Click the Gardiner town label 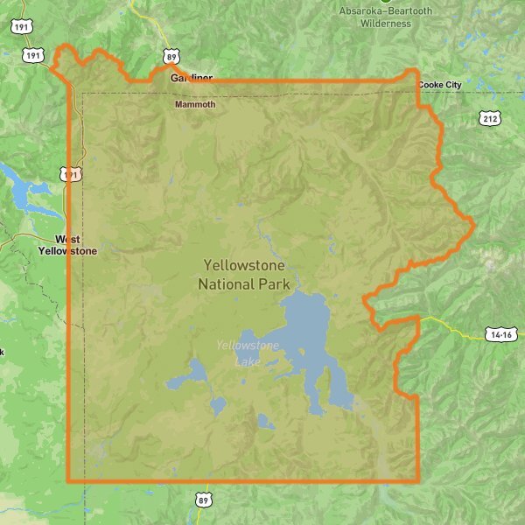coord(191,78)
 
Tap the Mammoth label coord(194,104)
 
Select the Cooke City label coord(440,85)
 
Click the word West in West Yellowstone coord(67,238)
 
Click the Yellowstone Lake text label coord(248,352)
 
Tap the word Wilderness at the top coord(385,24)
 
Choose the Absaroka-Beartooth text coord(385,11)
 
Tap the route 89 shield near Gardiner coord(171,57)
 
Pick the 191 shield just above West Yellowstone coord(71,174)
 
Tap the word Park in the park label coord(269,283)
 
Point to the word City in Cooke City coord(452,85)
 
